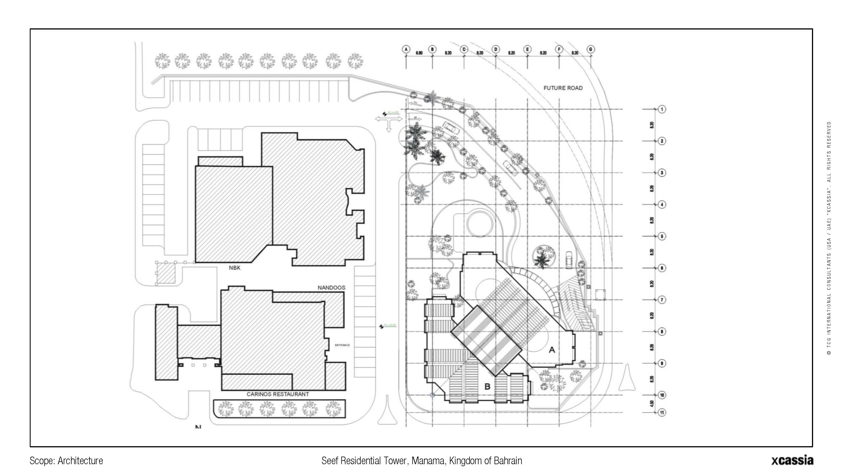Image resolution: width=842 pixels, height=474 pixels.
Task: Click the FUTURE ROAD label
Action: pyautogui.click(x=563, y=88)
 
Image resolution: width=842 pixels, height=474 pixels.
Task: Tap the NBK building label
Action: pyautogui.click(x=234, y=268)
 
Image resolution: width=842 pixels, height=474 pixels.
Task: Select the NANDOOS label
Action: pyautogui.click(x=331, y=288)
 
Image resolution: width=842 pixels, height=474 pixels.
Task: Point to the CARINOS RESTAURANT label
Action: pyautogui.click(x=278, y=394)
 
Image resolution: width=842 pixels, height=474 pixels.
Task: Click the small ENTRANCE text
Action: pyautogui.click(x=342, y=345)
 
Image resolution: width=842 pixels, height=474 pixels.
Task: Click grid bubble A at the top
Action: pyautogui.click(x=406, y=49)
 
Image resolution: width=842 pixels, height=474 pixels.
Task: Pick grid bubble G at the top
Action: pyautogui.click(x=591, y=49)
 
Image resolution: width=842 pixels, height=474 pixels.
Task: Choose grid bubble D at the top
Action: pyautogui.click(x=496, y=49)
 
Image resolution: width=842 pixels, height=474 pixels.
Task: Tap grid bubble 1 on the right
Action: pyautogui.click(x=662, y=109)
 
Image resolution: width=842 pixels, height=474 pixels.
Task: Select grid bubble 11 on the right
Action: pyautogui.click(x=662, y=413)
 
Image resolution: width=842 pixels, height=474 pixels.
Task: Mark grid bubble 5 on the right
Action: pyautogui.click(x=662, y=236)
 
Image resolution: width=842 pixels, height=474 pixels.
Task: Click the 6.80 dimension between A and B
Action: pyautogui.click(x=419, y=53)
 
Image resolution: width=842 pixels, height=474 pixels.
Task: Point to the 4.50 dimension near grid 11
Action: pyautogui.click(x=652, y=404)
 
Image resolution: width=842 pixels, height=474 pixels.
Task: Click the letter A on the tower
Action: pyautogui.click(x=552, y=350)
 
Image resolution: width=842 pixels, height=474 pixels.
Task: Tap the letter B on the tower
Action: pyautogui.click(x=487, y=387)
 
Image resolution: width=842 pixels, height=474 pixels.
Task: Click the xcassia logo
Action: pyautogui.click(x=792, y=460)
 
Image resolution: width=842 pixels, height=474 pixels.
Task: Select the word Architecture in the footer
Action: pyautogui.click(x=80, y=461)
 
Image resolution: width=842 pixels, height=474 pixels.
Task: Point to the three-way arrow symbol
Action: pyautogui.click(x=388, y=120)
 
